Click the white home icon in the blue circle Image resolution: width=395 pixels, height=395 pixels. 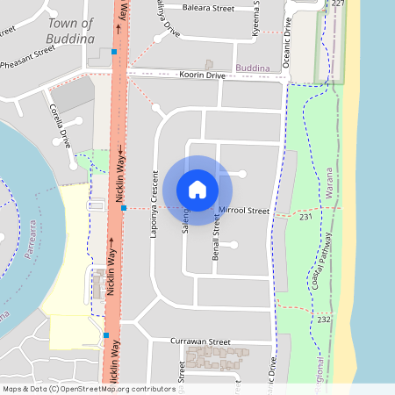pos(197,189)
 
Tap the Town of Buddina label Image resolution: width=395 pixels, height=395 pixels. pos(72,31)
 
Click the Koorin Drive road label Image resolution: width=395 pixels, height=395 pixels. pos(202,76)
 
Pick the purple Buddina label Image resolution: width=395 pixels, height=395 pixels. pos(252,67)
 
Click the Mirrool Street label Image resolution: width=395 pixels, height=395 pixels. pos(244,211)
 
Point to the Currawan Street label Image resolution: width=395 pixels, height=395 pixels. pos(201,341)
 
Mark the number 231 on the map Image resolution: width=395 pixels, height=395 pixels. pos(305,216)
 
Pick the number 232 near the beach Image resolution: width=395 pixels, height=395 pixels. pos(324,320)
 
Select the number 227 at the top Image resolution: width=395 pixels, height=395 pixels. pos(339,4)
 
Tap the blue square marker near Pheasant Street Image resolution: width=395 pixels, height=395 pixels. pos(114,52)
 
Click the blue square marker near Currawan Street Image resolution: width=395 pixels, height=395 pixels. pos(105,335)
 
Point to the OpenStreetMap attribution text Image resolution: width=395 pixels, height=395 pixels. pos(76,389)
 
